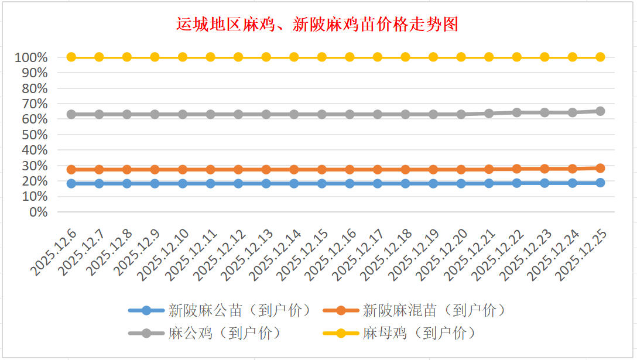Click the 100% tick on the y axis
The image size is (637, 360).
(32, 57)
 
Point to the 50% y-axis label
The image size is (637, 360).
(35, 135)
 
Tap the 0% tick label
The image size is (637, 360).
(38, 212)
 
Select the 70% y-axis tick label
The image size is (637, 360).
(35, 104)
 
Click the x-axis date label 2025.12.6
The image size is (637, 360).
(53, 253)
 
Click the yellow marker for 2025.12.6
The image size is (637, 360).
(71, 57)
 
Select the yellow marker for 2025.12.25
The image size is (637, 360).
(600, 57)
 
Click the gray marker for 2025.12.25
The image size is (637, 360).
(600, 111)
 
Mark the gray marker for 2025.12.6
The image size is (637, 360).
(71, 114)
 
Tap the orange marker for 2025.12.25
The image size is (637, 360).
(600, 168)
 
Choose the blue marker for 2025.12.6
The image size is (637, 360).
(71, 183)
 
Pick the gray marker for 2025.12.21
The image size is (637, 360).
(489, 113)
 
